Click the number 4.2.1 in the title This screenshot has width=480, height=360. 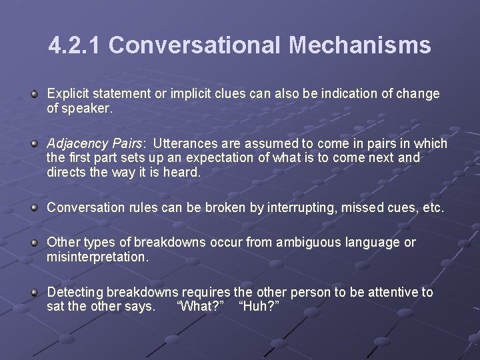click(x=75, y=45)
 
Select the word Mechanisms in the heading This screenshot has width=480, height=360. click(x=360, y=45)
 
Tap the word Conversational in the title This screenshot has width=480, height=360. click(x=196, y=45)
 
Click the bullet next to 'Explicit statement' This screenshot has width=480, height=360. click(x=34, y=95)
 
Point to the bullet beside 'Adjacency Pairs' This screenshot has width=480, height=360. click(x=34, y=145)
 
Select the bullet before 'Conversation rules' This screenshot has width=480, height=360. click(x=34, y=208)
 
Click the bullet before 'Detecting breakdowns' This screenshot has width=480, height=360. click(x=34, y=293)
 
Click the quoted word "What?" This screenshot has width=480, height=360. click(x=200, y=306)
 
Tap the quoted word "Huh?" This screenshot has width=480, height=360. click(x=258, y=306)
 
